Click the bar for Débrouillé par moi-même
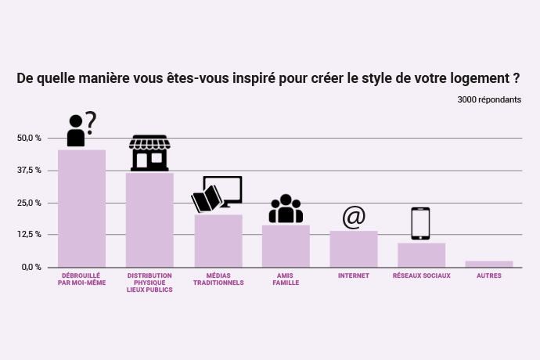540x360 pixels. (x=81, y=208)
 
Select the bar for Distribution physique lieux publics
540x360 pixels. (x=149, y=220)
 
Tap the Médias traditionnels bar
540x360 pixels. (x=218, y=240)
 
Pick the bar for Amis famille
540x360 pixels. (x=286, y=246)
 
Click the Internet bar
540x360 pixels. (x=353, y=249)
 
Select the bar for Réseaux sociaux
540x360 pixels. (x=421, y=255)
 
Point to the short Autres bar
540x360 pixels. (x=489, y=264)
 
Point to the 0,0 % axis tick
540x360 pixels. (x=31, y=267)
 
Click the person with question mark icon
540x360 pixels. (x=81, y=129)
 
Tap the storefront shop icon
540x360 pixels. (x=149, y=153)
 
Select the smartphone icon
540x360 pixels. (x=421, y=224)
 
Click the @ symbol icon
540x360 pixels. (x=354, y=217)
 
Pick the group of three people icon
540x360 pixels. (x=286, y=209)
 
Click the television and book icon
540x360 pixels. (x=217, y=194)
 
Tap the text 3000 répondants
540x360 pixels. (x=489, y=99)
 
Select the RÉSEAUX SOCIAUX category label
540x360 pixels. (x=421, y=275)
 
